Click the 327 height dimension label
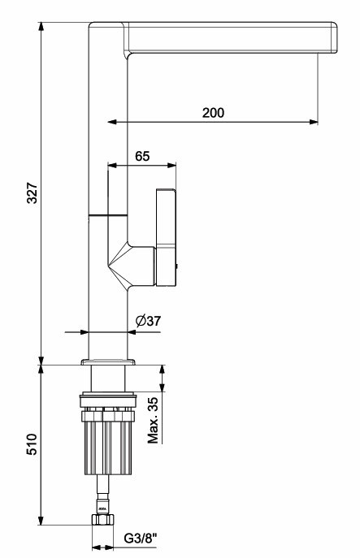pos(33,193)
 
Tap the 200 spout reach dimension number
pos(213,112)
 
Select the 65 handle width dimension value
pos(142,156)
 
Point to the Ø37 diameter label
pos(148,321)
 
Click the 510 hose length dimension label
pos(32,444)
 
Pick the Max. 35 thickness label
pos(153,420)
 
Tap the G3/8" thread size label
pos(141,539)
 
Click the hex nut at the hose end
pos(102,520)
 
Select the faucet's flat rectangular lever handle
pos(166,237)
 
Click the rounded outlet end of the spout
pos(333,37)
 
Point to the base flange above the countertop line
pos(108,362)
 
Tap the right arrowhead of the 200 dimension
pos(314,122)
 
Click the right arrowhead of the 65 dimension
pos(172,165)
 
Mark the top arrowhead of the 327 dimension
pos(41,27)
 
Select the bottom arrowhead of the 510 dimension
pos(41,520)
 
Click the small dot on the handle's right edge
pos(177,266)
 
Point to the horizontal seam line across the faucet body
pos(108,215)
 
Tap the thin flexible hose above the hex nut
pos(103,495)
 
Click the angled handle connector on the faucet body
pos(132,265)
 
